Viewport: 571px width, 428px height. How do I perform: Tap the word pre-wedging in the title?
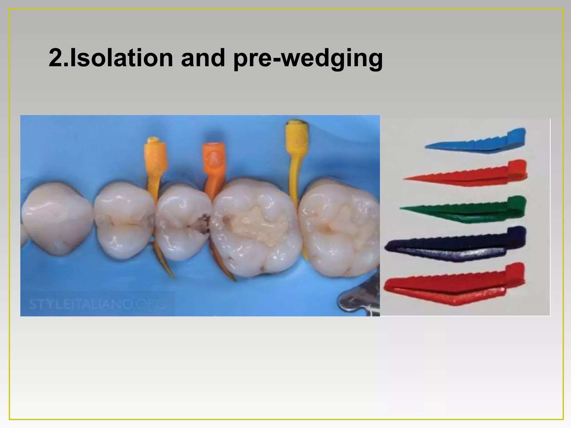pos(308,59)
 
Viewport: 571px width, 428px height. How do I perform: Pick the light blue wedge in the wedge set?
pos(480,142)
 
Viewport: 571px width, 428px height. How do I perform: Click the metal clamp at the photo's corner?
pos(360,302)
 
